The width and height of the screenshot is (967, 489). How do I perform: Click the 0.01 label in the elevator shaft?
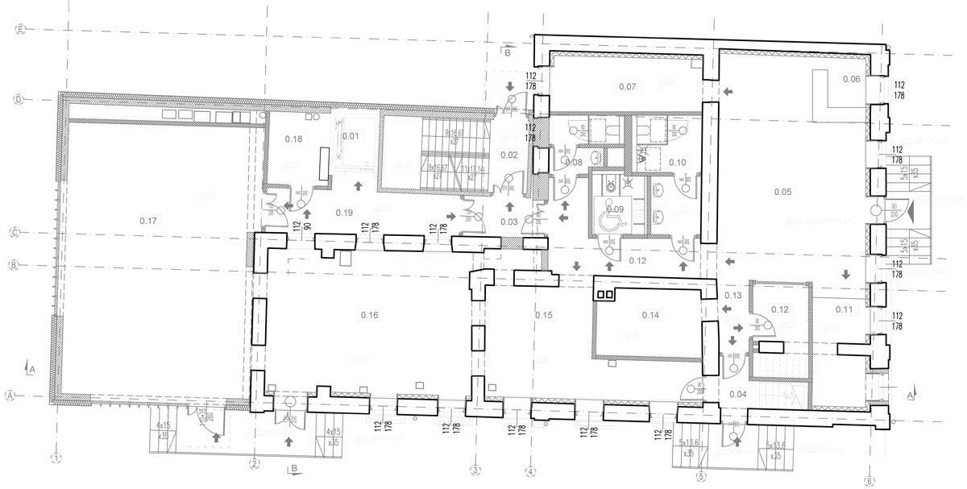point(350,135)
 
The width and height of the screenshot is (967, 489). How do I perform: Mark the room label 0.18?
point(293,139)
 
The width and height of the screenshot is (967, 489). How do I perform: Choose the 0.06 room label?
point(851,79)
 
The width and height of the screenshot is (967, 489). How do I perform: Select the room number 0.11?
point(844,309)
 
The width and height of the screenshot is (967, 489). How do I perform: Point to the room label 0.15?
point(543,314)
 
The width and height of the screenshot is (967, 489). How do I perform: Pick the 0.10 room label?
point(677,163)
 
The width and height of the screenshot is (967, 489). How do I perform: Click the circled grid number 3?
point(475,470)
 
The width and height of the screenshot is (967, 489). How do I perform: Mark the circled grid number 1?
point(56,459)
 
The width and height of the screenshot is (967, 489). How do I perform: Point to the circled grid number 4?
point(530,470)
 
